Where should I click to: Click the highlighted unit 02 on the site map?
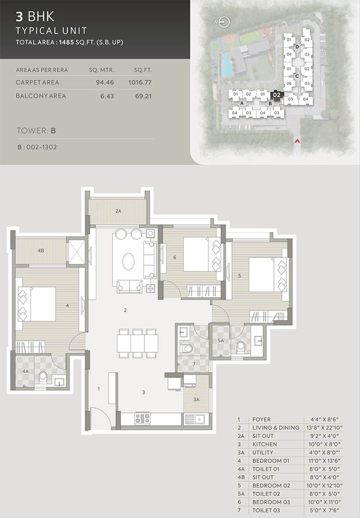277,95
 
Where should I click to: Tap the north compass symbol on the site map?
225,22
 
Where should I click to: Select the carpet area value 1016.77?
140,82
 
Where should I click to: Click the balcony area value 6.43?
105,96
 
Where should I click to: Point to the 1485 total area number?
66,42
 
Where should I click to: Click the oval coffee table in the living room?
128,262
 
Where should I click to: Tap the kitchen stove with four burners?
142,418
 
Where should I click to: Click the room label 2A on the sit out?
118,211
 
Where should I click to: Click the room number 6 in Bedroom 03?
175,257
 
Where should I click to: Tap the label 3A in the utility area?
196,399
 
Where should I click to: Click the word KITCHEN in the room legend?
265,444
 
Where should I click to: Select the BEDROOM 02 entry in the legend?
271,486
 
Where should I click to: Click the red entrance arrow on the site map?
297,141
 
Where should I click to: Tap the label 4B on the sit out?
40,250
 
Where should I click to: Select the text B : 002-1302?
37,147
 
